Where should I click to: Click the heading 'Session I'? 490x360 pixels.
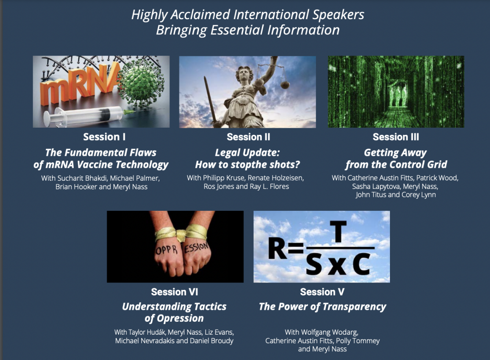pyautogui.click(x=104, y=137)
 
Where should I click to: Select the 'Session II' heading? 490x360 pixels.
pyautogui.click(x=248, y=137)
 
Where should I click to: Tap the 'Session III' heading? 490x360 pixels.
pyautogui.click(x=396, y=137)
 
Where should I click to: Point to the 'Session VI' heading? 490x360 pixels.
pyautogui.click(x=174, y=292)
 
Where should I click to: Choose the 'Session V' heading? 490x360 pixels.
pyautogui.click(x=322, y=292)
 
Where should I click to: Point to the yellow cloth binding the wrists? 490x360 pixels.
pyautogui.click(x=181, y=234)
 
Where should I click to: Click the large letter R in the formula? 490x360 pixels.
pyautogui.click(x=278, y=250)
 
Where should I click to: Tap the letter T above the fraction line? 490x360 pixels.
pyautogui.click(x=338, y=231)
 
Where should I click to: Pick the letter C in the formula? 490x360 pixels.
pyautogui.click(x=362, y=264)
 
